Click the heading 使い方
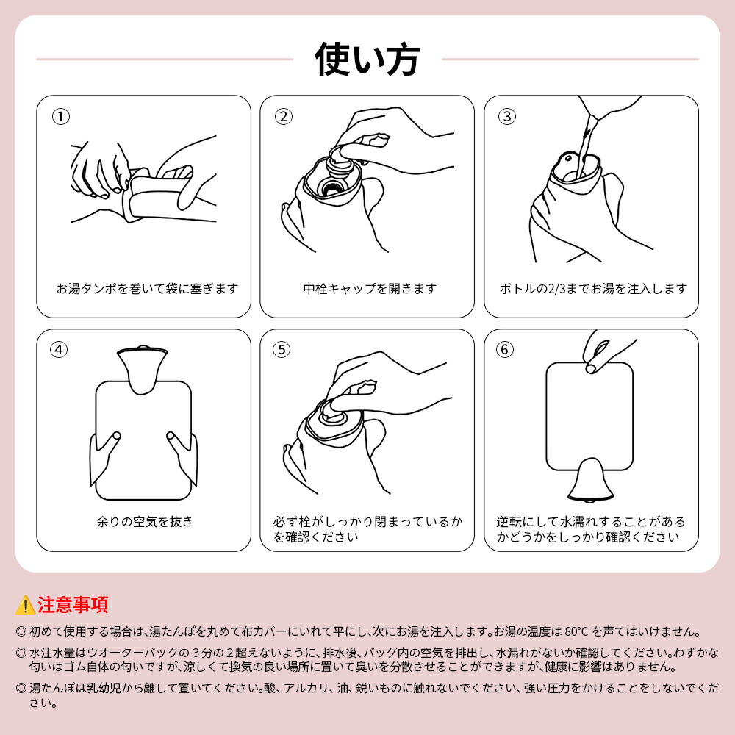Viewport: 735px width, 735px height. coord(367,59)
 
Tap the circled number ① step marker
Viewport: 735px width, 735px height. coord(60,116)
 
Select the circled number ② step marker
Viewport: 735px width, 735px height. coord(284,116)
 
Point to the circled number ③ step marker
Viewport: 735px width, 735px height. coord(506,116)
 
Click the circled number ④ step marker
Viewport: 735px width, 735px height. coord(59,350)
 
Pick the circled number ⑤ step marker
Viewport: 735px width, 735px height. coord(282,350)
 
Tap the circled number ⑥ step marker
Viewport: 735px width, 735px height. coord(505,350)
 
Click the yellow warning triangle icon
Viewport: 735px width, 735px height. coord(25,605)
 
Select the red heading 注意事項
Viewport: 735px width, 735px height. coord(73,605)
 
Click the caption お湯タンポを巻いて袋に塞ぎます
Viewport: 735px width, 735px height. coord(147,288)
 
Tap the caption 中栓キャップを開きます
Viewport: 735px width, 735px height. coord(370,288)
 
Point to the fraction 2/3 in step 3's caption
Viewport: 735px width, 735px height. coord(557,289)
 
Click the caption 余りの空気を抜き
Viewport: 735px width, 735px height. coord(145,521)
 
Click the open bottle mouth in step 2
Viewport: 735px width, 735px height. coord(332,188)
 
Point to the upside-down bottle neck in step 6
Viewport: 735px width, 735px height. coord(590,481)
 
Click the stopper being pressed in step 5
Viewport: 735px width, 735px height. coord(334,412)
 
